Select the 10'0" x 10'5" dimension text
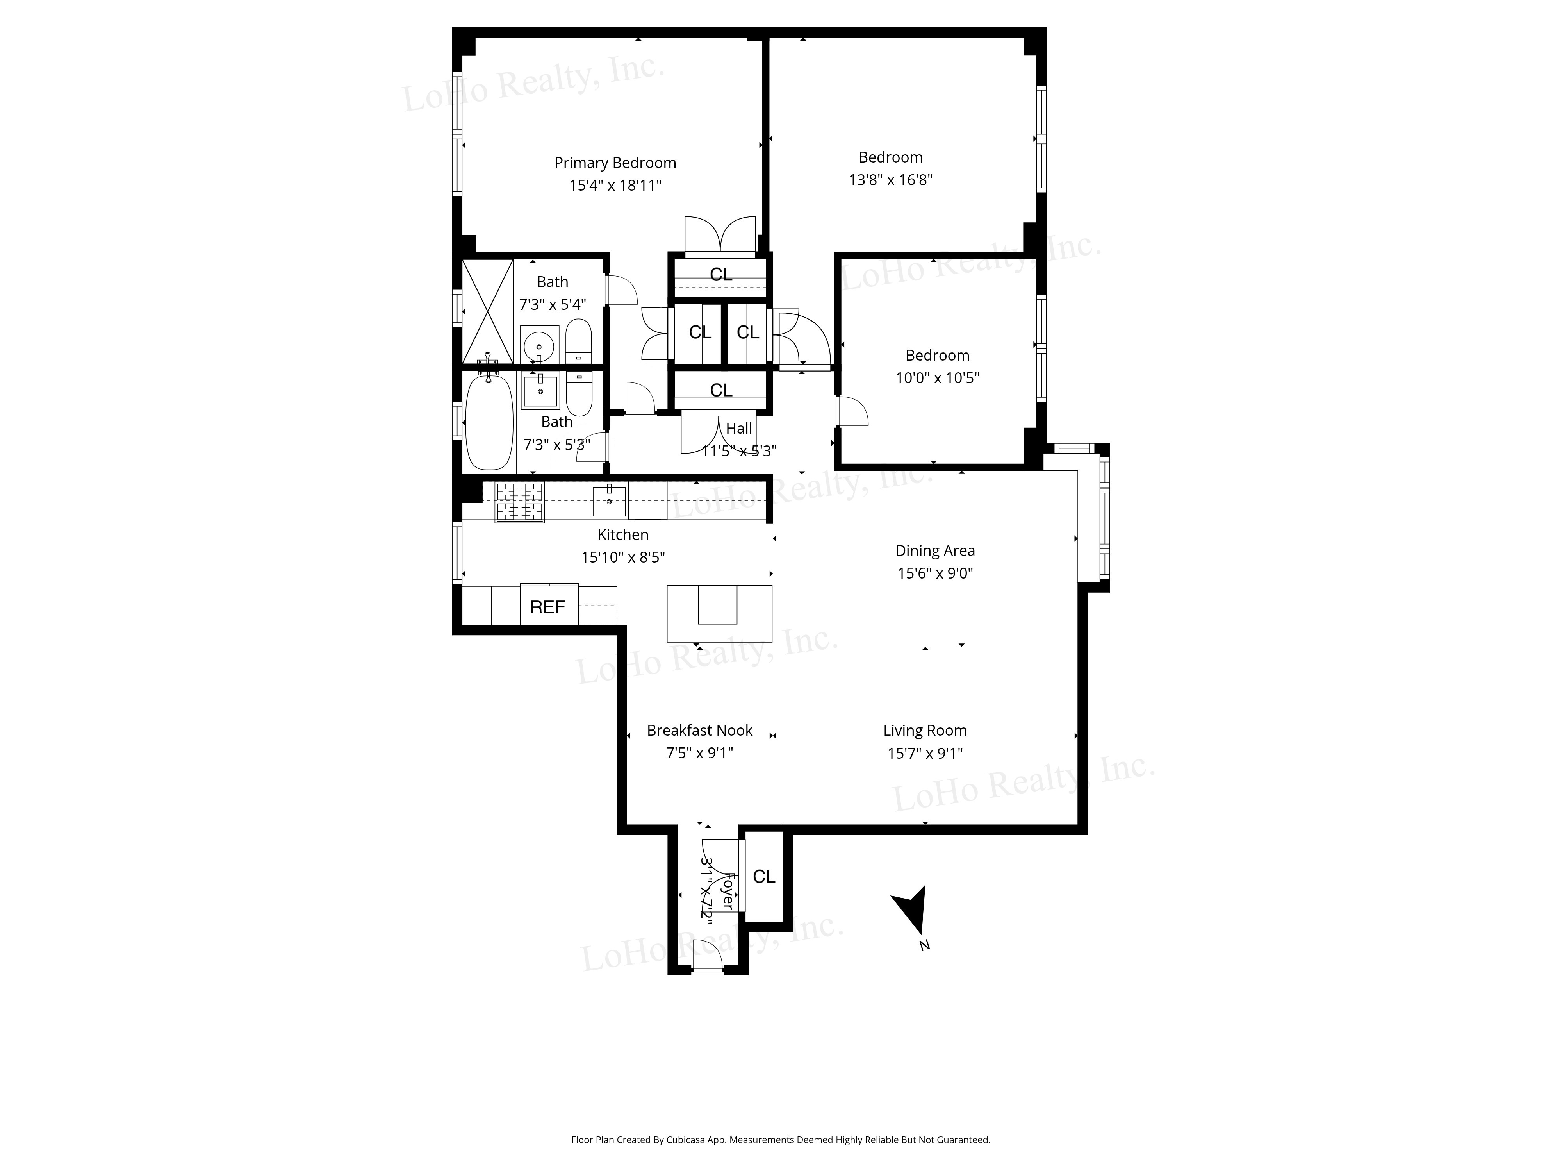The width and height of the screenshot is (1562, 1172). coord(937,378)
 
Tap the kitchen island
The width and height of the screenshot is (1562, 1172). coord(719,613)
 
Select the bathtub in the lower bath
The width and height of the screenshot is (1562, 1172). coord(489,422)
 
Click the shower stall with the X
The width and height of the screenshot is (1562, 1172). coord(487,311)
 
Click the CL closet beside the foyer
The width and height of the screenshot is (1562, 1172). coord(764,877)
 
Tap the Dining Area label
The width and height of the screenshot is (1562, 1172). coord(935,551)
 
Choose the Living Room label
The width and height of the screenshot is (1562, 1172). coord(924,731)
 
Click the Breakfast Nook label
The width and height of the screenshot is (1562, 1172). coord(699,731)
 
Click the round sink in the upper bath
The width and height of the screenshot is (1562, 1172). coord(540,346)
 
